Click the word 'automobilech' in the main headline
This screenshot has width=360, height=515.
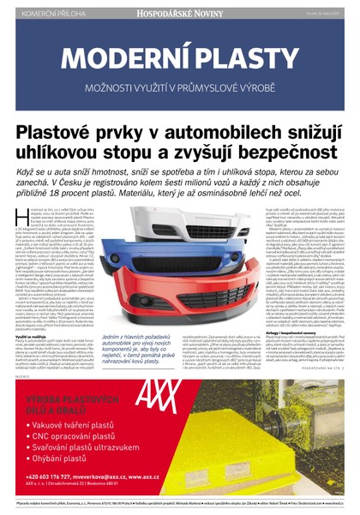(x=231, y=136)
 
